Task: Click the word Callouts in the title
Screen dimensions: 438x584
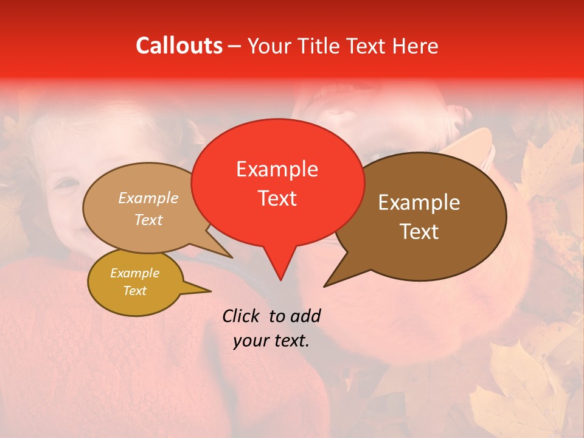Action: (179, 46)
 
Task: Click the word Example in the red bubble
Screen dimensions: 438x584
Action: (277, 169)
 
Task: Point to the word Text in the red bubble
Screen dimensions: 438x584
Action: (277, 198)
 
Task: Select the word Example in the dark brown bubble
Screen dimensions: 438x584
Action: (419, 203)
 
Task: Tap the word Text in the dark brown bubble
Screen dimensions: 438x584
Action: (419, 232)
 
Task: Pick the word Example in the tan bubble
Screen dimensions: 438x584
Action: (148, 198)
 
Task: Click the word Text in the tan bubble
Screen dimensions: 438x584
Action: (148, 220)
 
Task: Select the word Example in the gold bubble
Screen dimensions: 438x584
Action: (134, 273)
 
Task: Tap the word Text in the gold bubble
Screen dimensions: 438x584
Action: (134, 291)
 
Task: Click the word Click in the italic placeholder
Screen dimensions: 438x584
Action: (242, 316)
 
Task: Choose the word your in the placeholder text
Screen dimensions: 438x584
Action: (251, 341)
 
